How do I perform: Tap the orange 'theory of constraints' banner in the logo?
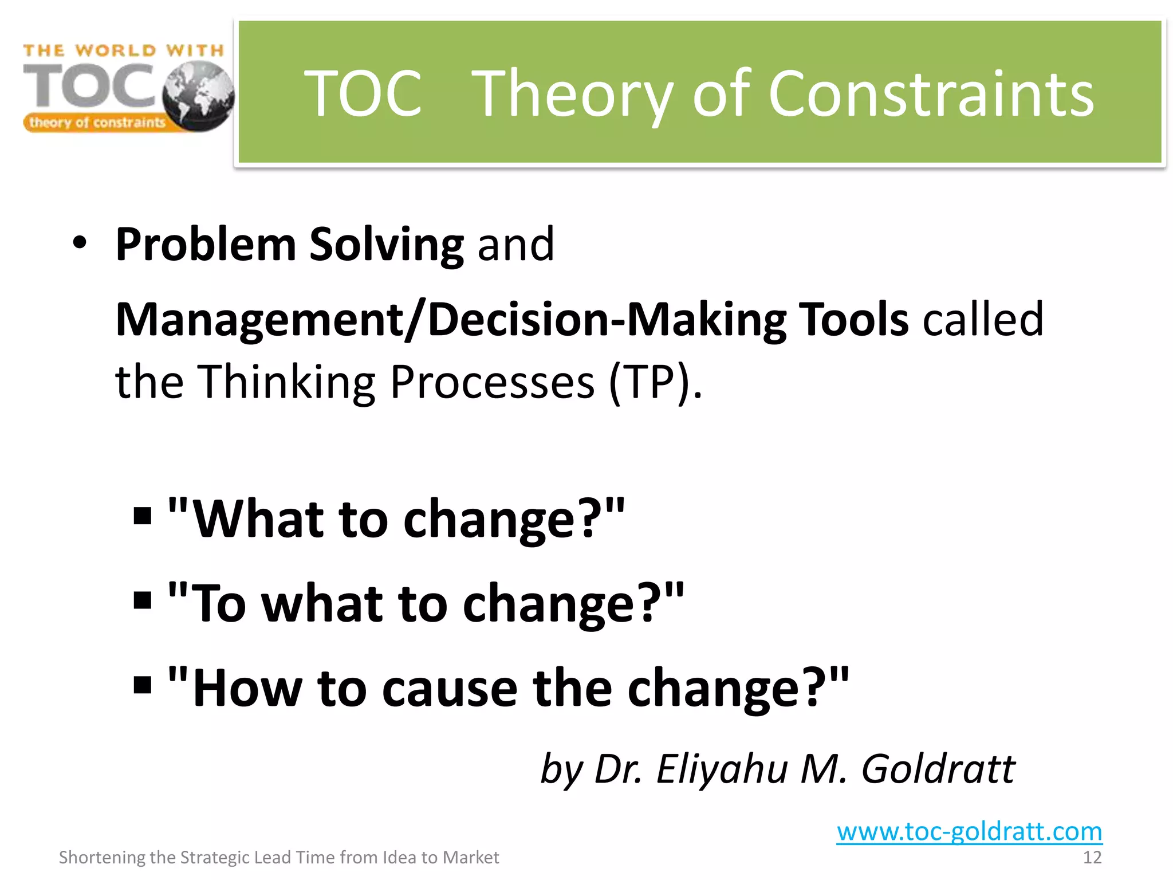pos(97,123)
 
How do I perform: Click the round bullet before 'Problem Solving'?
pos(80,243)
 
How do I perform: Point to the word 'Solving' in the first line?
pos(386,245)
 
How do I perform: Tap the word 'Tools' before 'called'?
pos(853,320)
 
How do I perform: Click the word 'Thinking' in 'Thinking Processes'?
pos(286,382)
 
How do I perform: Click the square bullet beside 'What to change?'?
pos(142,516)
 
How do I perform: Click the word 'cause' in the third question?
pos(450,687)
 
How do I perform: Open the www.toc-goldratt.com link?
pos(969,831)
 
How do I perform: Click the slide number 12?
pos(1092,858)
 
